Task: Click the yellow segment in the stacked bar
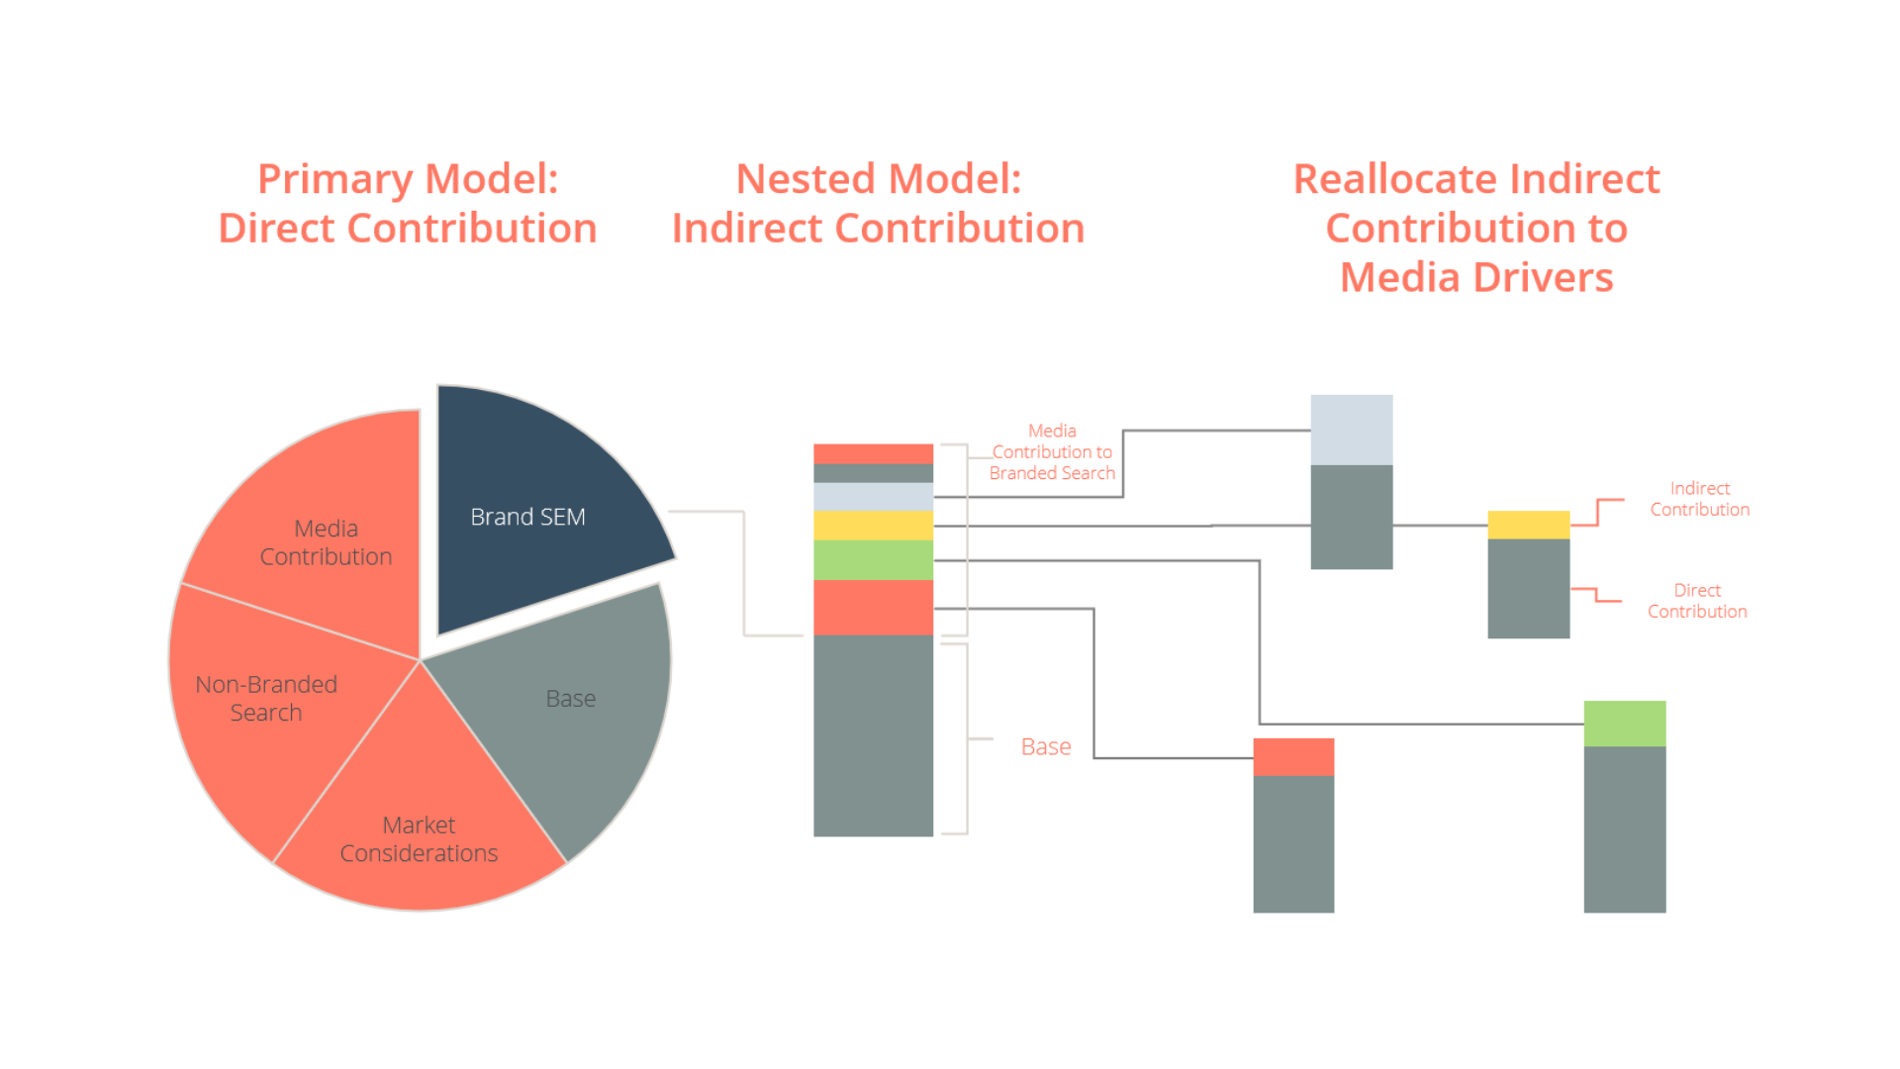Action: [x=873, y=525]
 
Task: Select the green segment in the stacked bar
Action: [x=873, y=560]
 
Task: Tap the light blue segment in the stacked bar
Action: [x=873, y=496]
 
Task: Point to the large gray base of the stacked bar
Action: [x=873, y=735]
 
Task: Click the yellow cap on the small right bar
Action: [x=1529, y=525]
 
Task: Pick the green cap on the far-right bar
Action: [x=1625, y=724]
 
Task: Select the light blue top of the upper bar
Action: [x=1352, y=430]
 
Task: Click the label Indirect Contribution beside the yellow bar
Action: [x=1700, y=499]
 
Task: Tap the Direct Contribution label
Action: [x=1697, y=601]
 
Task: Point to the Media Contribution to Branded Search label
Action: [x=1052, y=452]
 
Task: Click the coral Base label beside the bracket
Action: [x=1046, y=746]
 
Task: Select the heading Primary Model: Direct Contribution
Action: [x=408, y=203]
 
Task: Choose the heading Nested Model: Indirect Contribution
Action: [x=879, y=203]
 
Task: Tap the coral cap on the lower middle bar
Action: [x=1293, y=757]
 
